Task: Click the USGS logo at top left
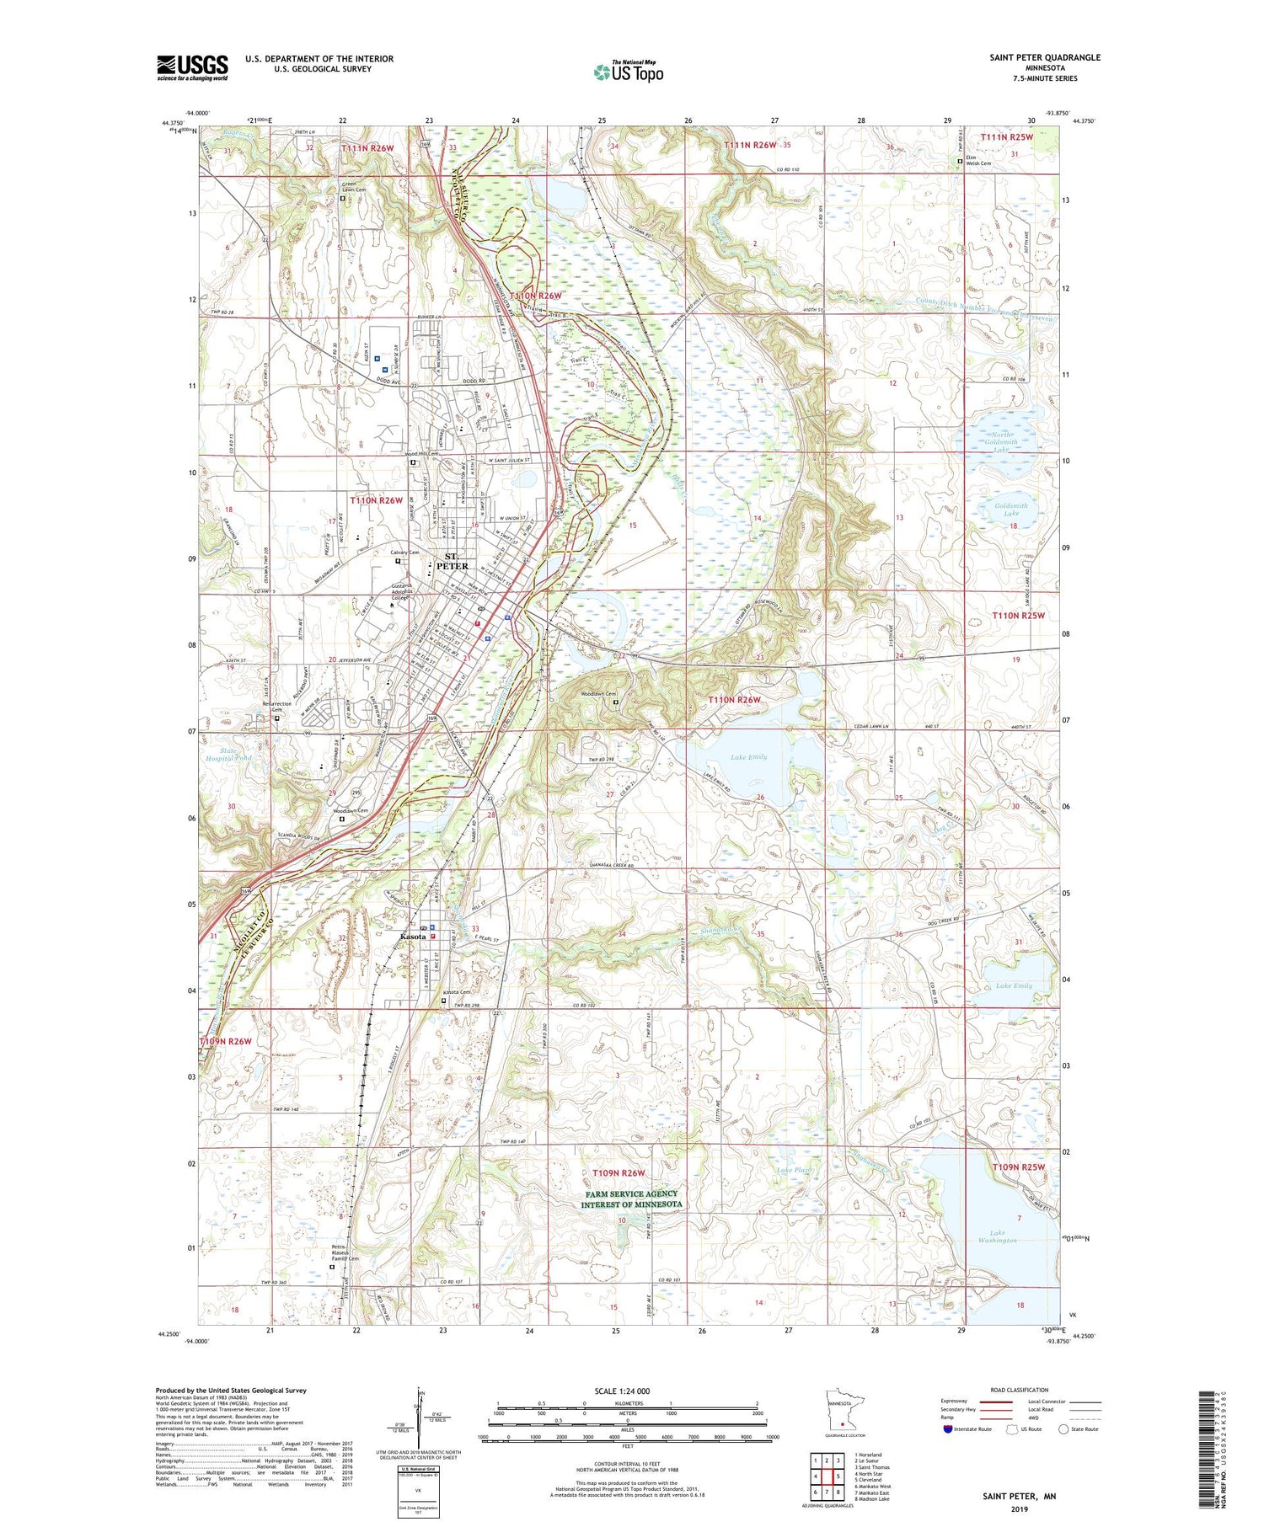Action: [192, 67]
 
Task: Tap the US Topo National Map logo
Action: [629, 72]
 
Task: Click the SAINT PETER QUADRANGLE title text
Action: [1044, 57]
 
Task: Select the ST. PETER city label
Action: [452, 561]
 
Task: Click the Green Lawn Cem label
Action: [354, 187]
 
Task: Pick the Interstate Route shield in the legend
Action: [948, 1429]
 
